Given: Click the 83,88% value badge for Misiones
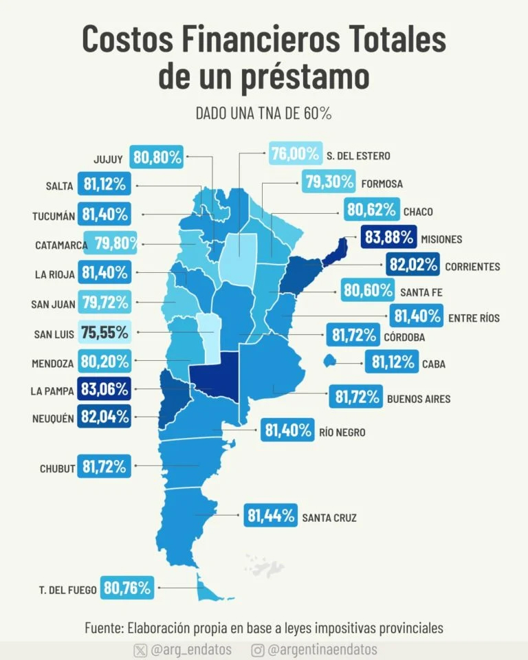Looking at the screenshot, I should [389, 238].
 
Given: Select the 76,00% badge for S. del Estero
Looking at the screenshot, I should [295, 154].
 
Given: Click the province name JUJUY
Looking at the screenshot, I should [108, 159].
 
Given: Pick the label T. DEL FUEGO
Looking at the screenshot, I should [67, 589].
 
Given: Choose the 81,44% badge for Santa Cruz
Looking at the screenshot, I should [270, 515].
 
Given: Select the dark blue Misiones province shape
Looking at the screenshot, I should [335, 251].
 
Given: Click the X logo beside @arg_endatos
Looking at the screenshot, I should [141, 650].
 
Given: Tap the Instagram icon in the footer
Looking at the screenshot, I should [258, 650].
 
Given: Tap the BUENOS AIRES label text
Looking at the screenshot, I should [419, 398].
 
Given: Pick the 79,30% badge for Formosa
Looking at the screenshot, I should [327, 182].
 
